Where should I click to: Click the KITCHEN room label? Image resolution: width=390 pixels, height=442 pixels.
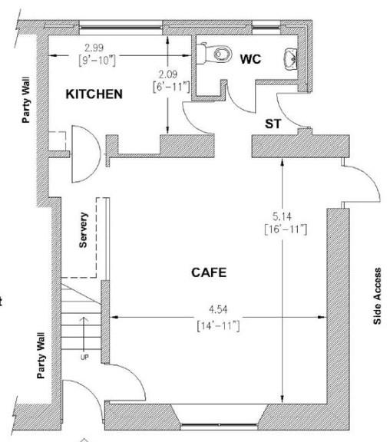tap(94, 94)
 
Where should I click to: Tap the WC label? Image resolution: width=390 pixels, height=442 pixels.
tap(251, 59)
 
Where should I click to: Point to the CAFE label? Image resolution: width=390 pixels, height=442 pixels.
tap(209, 272)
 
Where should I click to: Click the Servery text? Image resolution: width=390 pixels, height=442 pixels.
tap(84, 229)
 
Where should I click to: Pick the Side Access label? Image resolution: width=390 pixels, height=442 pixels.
tap(377, 295)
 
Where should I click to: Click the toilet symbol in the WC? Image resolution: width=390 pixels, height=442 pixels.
tap(217, 54)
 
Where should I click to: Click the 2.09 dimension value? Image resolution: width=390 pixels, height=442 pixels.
tap(168, 74)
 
